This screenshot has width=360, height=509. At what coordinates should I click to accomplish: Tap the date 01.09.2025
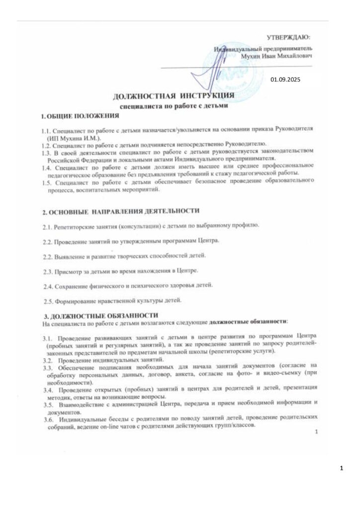click(285, 80)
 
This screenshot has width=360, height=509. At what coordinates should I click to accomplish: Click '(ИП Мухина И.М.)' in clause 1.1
click(75, 136)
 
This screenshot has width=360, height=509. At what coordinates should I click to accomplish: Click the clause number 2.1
click(49, 227)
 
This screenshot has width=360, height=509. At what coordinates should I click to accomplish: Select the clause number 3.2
click(48, 359)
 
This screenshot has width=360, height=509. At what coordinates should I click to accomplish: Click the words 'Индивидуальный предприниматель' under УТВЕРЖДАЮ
click(263, 49)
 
